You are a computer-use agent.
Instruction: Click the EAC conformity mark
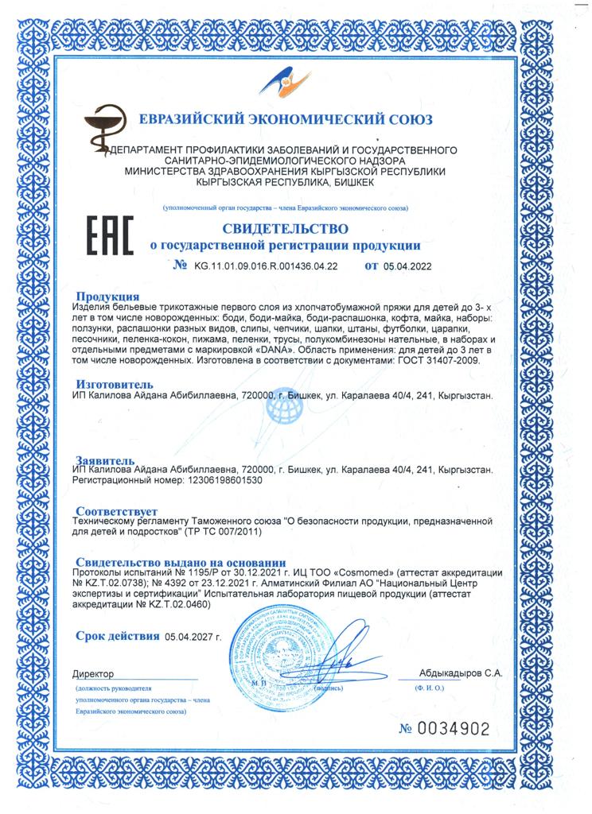107,235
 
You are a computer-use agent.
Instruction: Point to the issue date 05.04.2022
407,266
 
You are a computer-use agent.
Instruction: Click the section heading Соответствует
116,510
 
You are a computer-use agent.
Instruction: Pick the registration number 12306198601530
217,481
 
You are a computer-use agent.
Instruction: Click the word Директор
93,673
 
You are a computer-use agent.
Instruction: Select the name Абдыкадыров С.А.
461,673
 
